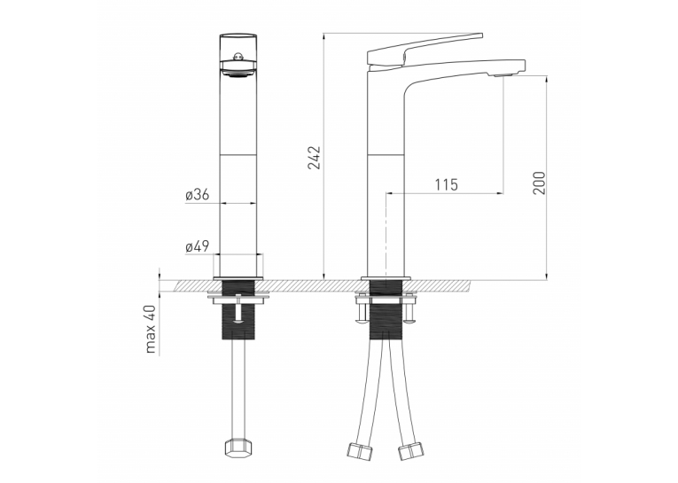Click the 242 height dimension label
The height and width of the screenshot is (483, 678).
pyautogui.click(x=315, y=158)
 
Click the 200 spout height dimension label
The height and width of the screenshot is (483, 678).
pyautogui.click(x=539, y=183)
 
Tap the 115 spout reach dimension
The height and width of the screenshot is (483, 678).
pyautogui.click(x=446, y=184)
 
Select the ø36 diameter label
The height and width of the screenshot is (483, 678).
pyautogui.click(x=197, y=195)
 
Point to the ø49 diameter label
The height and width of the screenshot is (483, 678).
pyautogui.click(x=197, y=246)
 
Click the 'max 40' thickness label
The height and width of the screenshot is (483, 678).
pyautogui.click(x=150, y=329)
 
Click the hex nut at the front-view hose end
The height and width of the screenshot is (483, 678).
pyautogui.click(x=237, y=448)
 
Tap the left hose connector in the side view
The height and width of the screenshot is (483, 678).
pyautogui.click(x=360, y=450)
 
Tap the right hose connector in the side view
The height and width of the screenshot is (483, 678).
pyautogui.click(x=410, y=451)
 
